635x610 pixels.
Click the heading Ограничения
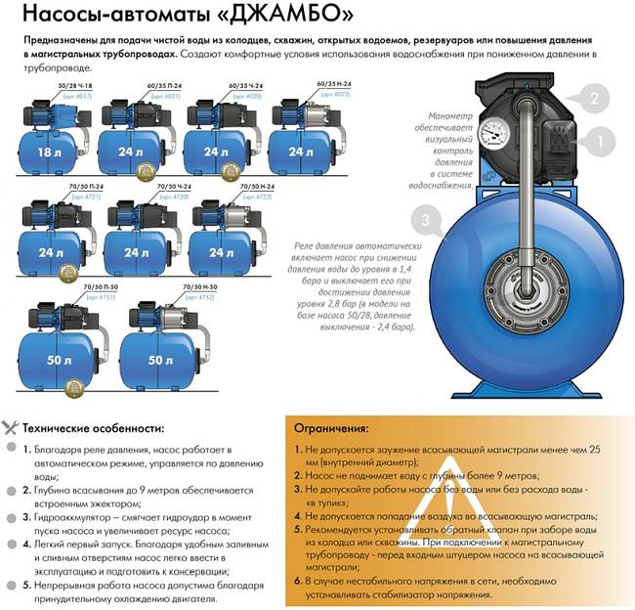click(x=334, y=427)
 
